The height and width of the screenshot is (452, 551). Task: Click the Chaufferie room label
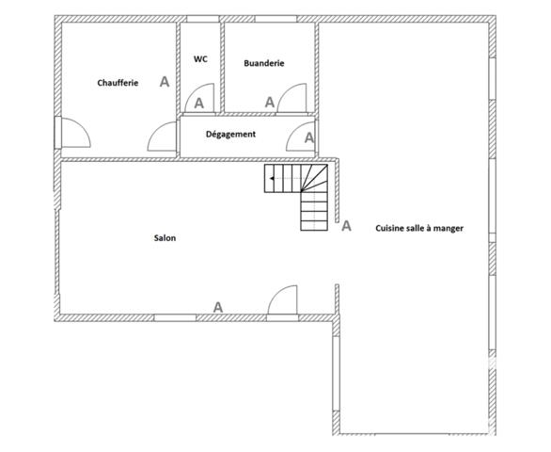(x=118, y=83)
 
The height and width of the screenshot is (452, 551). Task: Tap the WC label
(x=200, y=58)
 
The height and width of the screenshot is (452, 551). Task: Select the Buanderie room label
(x=263, y=63)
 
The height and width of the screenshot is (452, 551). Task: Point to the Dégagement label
(x=230, y=135)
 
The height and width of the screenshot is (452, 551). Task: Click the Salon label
(x=165, y=238)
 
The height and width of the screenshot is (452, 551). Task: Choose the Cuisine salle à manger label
(x=419, y=228)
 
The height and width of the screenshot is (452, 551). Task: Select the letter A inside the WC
(x=199, y=104)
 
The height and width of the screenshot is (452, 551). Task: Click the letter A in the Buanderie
(x=269, y=102)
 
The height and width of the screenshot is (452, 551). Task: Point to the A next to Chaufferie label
(x=165, y=82)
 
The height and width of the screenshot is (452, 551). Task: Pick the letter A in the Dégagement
(x=309, y=138)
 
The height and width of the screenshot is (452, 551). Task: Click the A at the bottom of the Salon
(x=218, y=306)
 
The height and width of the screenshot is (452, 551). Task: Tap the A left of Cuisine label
(x=346, y=226)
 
